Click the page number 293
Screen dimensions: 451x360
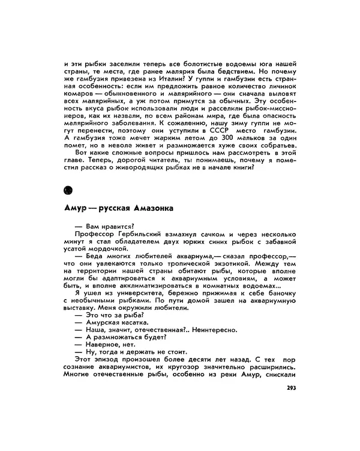[292, 387]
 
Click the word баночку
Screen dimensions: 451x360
[280, 292]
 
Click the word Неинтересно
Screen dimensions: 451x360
[213, 330]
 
